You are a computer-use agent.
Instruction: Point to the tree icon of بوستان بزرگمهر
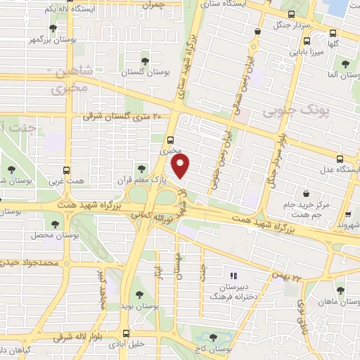[53, 29]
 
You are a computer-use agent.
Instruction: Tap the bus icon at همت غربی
[67, 170]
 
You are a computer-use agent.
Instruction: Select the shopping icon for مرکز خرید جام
[306, 194]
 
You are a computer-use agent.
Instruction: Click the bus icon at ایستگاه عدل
[340, 159]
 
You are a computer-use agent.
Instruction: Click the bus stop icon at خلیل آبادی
[126, 333]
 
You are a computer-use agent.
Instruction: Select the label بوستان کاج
[215, 349]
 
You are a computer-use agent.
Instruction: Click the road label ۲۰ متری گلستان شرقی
[122, 117]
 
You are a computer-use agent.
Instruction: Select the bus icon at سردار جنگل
[292, 15]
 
